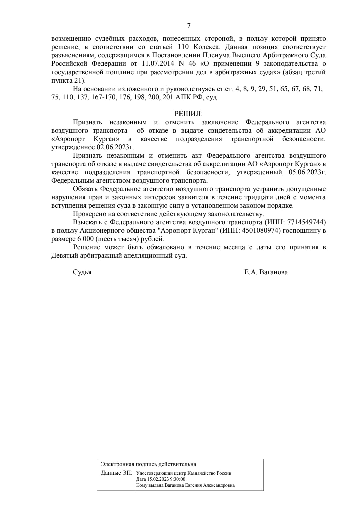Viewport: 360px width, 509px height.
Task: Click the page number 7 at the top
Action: point(189,26)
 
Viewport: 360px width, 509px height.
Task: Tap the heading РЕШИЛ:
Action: point(188,114)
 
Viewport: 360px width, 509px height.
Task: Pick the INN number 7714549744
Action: point(306,222)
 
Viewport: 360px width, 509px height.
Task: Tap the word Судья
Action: point(82,272)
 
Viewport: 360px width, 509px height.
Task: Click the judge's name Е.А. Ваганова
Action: point(266,272)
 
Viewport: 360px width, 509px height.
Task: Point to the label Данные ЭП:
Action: point(117,473)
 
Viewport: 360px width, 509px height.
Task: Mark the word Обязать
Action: point(85,189)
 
